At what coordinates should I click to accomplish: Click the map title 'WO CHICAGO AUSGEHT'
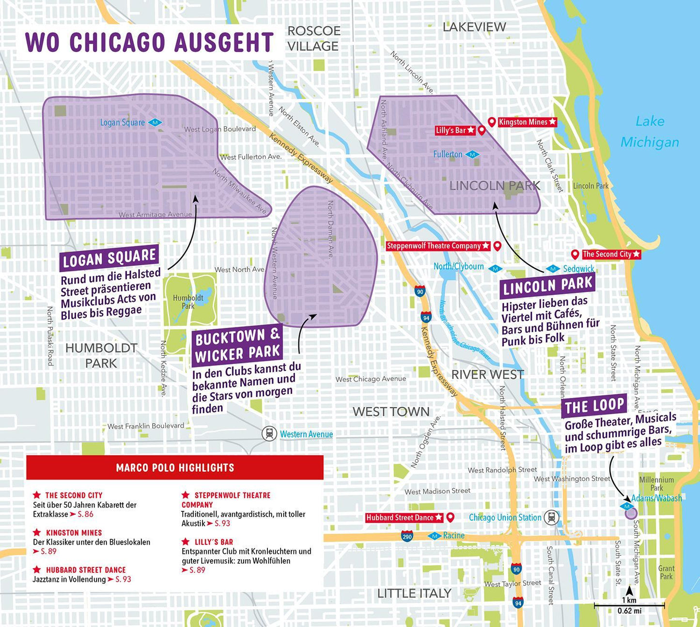[149, 42]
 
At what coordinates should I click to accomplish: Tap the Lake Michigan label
[649, 132]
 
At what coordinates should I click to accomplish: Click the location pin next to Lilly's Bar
[482, 130]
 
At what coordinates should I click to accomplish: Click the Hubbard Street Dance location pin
[450, 517]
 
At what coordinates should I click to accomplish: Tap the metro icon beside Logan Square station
[156, 122]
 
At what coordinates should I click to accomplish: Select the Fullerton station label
[448, 154]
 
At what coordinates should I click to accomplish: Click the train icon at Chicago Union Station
[551, 517]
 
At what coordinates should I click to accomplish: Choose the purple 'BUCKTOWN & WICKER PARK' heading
[237, 345]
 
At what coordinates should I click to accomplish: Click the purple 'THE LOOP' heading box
[594, 406]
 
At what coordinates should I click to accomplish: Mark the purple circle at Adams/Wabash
[630, 513]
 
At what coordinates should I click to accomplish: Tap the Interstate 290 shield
[407, 536]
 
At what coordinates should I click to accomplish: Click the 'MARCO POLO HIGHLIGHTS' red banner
[175, 467]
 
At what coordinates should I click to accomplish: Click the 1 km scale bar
[629, 605]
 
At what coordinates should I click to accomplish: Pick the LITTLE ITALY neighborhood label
[414, 593]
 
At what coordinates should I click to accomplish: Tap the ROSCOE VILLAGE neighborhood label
[313, 38]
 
